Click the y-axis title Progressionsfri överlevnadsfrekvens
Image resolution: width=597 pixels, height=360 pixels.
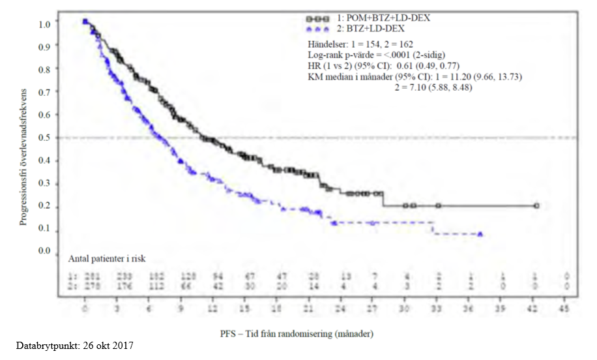23,156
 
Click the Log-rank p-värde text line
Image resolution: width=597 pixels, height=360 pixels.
376,55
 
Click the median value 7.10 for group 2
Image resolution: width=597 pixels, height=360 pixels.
415,87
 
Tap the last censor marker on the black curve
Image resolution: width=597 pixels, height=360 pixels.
536,205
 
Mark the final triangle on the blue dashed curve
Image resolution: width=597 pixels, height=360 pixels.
480,233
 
